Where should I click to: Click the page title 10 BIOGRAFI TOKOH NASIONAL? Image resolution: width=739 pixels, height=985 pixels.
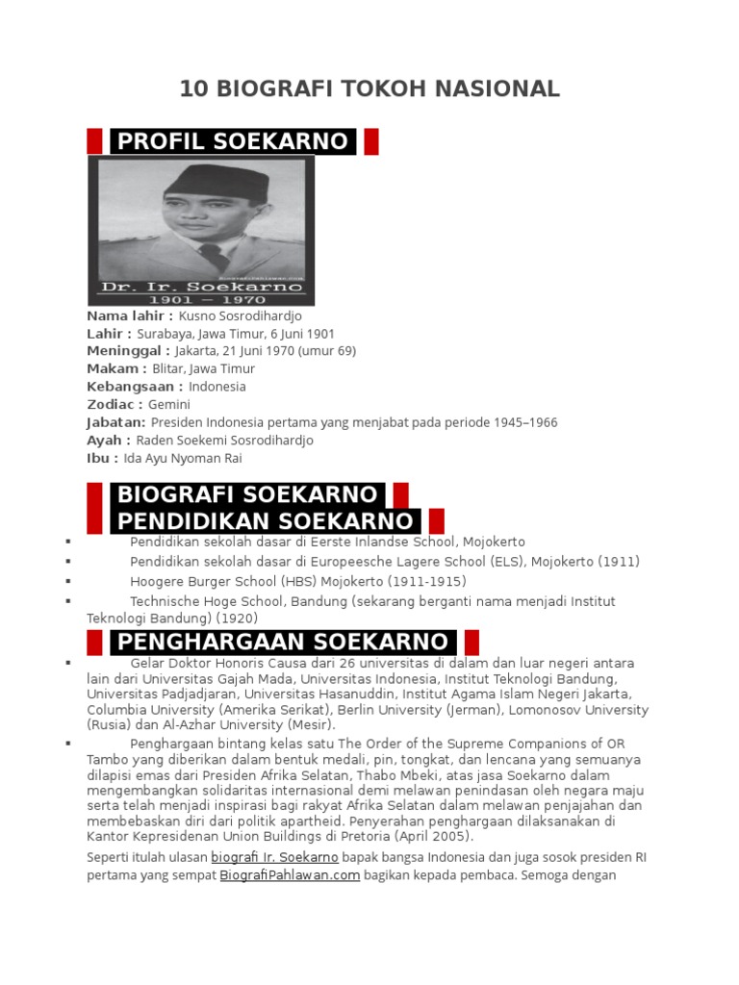click(369, 89)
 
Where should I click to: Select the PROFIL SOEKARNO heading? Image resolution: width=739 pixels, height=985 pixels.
click(232, 141)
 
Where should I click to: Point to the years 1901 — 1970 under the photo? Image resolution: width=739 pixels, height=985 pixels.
click(202, 300)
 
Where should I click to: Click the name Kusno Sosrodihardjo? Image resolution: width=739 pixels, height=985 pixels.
click(241, 316)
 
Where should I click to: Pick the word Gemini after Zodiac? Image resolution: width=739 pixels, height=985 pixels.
click(169, 404)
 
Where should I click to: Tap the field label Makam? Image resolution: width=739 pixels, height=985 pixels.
click(116, 369)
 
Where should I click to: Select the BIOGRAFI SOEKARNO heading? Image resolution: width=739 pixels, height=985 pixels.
click(247, 495)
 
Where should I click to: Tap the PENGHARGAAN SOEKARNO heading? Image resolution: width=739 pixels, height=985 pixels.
click(282, 642)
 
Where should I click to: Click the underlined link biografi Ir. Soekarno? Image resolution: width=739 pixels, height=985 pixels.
click(274, 857)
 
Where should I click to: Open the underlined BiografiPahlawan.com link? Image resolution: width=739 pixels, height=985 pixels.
click(290, 876)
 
